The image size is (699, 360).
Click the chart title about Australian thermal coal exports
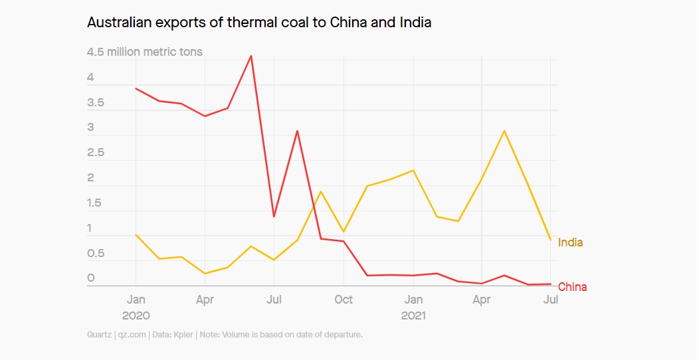(x=259, y=23)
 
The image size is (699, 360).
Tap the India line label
(x=570, y=242)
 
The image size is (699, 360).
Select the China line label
(x=572, y=287)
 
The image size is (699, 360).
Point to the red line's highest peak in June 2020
(x=250, y=56)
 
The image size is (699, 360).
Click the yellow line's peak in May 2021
(x=505, y=131)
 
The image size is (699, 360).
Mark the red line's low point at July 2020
(x=274, y=217)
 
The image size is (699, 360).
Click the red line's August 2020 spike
(x=297, y=131)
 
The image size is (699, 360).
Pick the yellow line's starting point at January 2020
(x=136, y=234)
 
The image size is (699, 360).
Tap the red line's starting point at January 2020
(x=136, y=88)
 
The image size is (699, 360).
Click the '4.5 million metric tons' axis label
(x=145, y=52)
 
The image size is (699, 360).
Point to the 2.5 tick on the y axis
(x=96, y=153)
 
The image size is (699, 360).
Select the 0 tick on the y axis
(x=91, y=278)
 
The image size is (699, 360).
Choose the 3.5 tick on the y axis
(x=96, y=103)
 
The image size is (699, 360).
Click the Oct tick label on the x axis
(x=344, y=300)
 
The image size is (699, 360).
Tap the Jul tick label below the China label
(x=550, y=300)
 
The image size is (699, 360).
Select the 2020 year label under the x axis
(x=136, y=315)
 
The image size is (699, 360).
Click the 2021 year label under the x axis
(x=413, y=315)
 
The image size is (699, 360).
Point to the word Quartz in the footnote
(x=99, y=335)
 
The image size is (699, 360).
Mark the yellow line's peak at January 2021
(x=413, y=170)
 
